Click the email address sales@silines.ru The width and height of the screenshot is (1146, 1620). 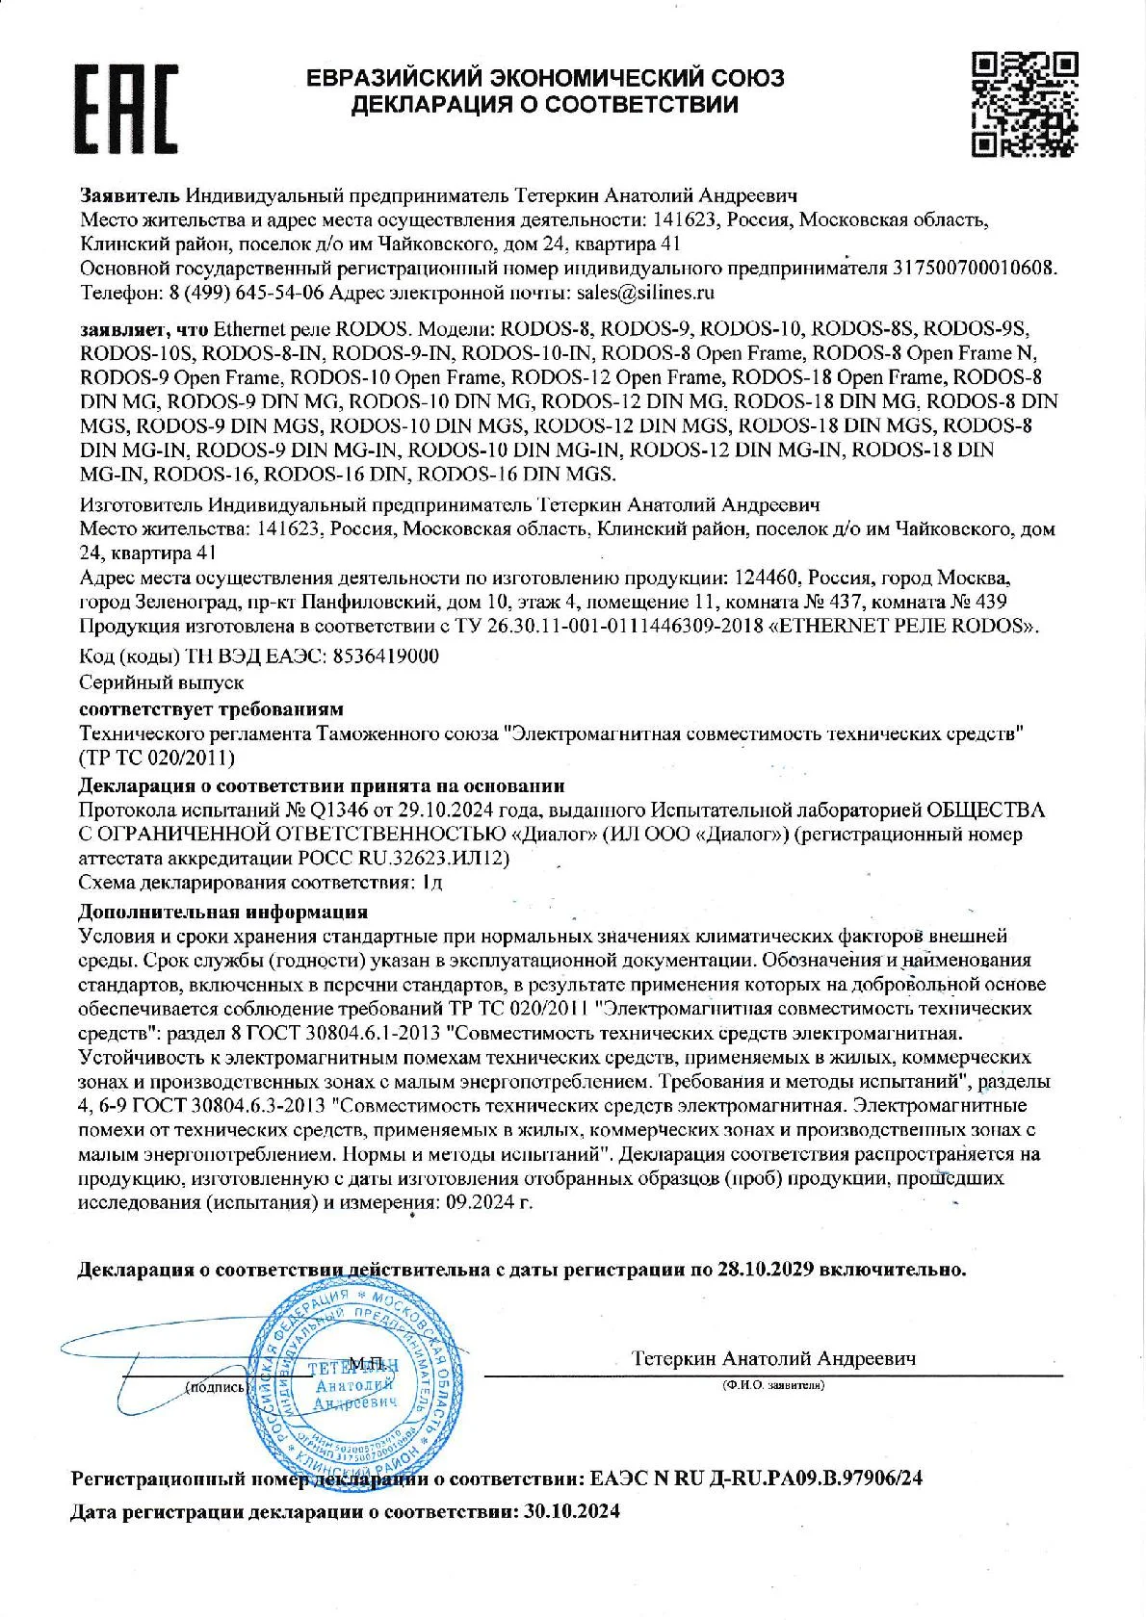tap(644, 292)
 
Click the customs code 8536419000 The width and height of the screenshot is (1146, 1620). tap(385, 656)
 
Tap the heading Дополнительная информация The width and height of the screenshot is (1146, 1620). tap(222, 911)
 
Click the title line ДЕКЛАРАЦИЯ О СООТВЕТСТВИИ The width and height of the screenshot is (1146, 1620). tap(545, 104)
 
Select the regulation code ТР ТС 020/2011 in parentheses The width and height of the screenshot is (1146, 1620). tap(156, 758)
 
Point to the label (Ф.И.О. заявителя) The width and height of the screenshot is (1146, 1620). tap(774, 1386)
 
